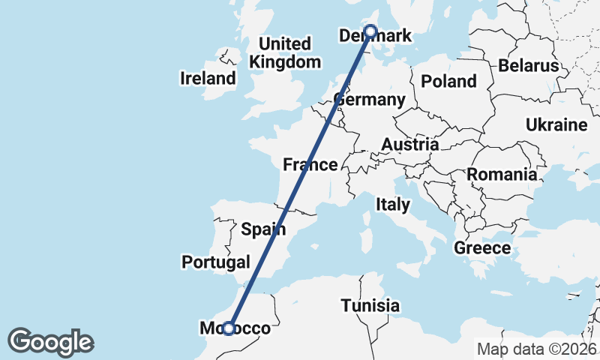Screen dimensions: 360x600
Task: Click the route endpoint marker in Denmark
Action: tap(370, 31)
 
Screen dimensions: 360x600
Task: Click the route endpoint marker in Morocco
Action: tap(229, 328)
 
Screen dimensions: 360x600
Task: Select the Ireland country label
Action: tap(208, 78)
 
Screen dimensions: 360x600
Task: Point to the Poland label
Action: tap(448, 81)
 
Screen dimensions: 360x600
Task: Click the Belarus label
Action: tap(529, 65)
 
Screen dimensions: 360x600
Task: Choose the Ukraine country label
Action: tap(556, 124)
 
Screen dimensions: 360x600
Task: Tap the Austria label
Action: tap(409, 144)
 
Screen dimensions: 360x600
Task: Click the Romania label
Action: tap(502, 175)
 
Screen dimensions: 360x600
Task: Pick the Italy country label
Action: tap(393, 204)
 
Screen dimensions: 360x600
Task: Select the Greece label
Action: tap(482, 247)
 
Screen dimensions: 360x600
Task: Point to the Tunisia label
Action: tap(370, 306)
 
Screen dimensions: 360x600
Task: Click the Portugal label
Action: tap(216, 262)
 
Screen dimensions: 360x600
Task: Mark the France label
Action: tap(310, 164)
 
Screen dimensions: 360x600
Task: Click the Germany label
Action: tap(370, 100)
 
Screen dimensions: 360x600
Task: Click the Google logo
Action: tap(50, 342)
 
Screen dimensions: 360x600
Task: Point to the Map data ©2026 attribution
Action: tap(537, 349)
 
